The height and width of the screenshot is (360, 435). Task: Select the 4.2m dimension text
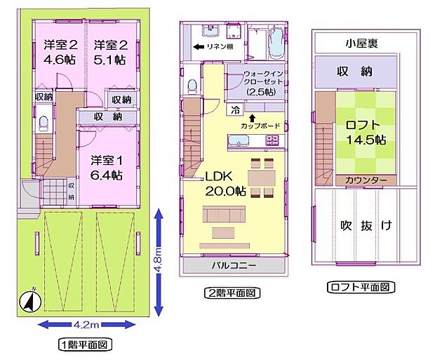pyautogui.click(x=88, y=324)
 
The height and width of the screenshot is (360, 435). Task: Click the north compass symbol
pyautogui.click(x=29, y=301)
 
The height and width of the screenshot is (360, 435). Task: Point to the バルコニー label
pyautogui.click(x=234, y=267)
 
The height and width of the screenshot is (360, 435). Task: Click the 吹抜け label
pyautogui.click(x=367, y=226)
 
